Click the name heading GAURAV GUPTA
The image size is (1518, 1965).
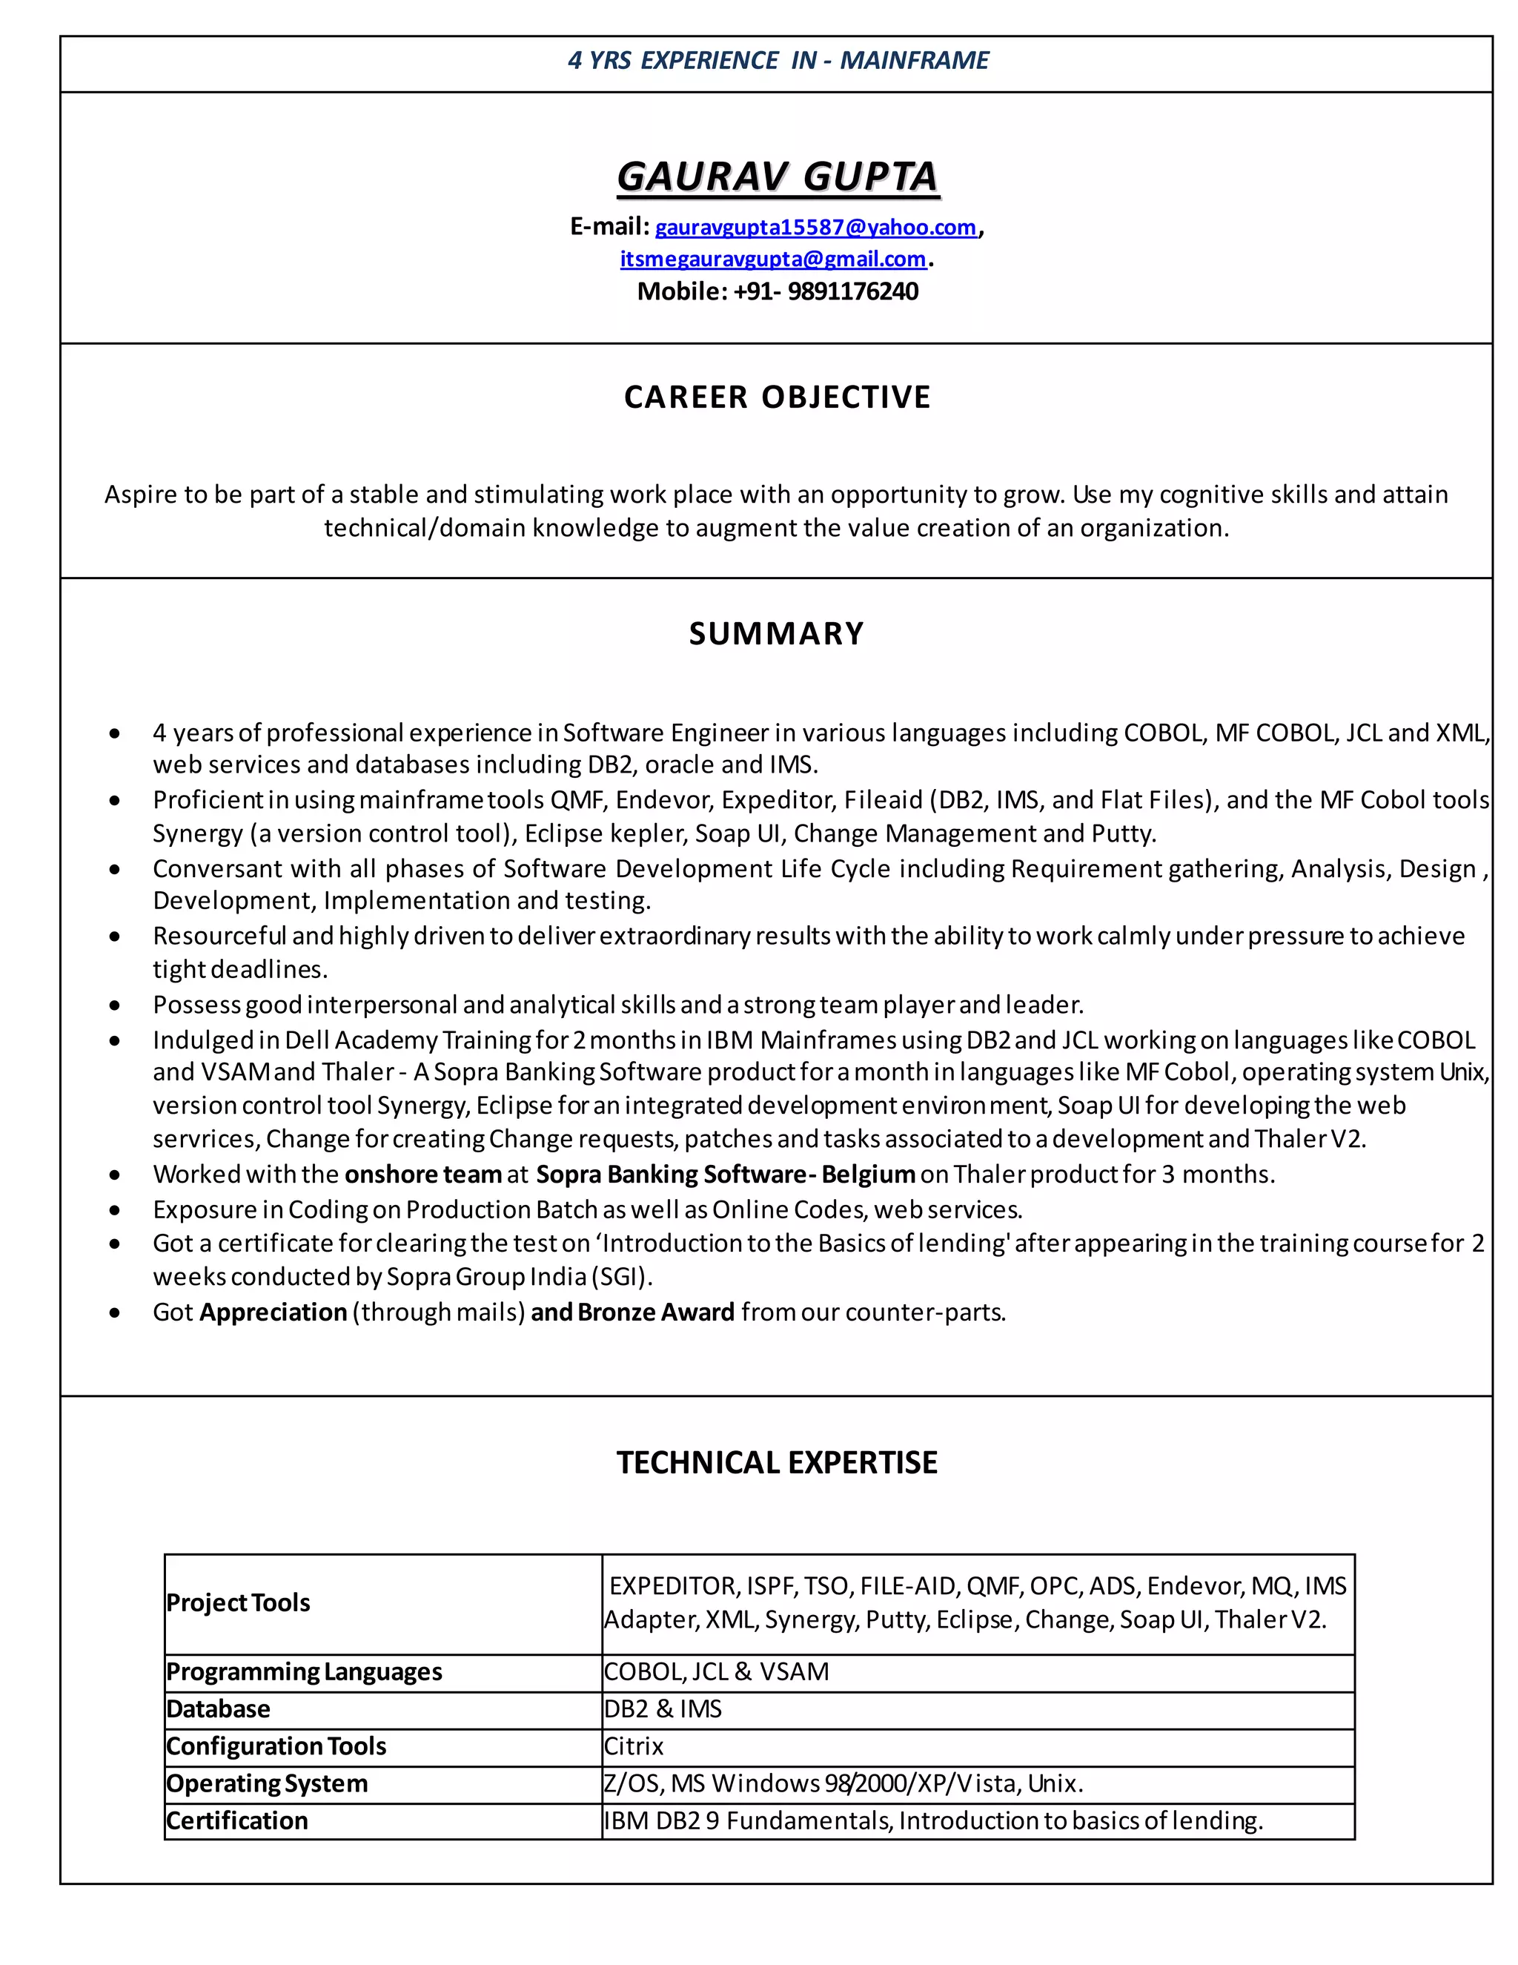tap(777, 176)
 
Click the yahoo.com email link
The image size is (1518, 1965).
tap(815, 227)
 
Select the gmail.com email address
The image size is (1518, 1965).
tap(772, 259)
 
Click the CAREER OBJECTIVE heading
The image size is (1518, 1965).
tap(777, 397)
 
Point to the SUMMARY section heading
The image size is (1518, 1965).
tap(776, 633)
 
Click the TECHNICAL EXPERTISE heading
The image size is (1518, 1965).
tap(777, 1462)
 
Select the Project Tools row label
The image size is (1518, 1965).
tap(239, 1602)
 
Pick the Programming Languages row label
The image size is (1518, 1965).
tap(304, 1671)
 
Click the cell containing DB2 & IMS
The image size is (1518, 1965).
tap(663, 1708)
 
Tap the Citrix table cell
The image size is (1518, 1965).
tap(634, 1746)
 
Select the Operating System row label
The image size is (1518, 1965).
tap(267, 1783)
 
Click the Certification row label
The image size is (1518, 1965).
tap(237, 1820)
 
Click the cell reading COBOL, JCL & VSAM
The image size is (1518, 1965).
tap(717, 1671)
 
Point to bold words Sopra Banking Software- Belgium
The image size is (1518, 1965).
tap(725, 1174)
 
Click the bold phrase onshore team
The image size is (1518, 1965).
tap(422, 1174)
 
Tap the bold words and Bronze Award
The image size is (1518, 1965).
tap(632, 1312)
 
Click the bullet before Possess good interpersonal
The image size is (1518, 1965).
tap(114, 1005)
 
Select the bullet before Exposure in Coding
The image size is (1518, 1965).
tap(114, 1210)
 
